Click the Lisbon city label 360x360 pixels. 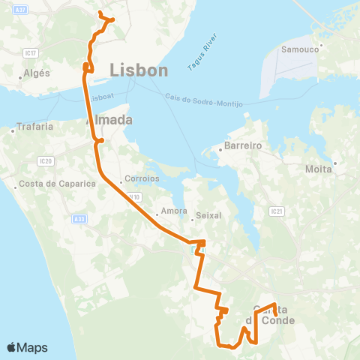[139, 70]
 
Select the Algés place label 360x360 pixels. [37, 73]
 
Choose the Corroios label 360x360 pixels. [143, 179]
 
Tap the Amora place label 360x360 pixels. [173, 211]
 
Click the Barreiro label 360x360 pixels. [242, 148]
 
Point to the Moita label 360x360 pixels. [319, 169]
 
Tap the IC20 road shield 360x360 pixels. [46, 160]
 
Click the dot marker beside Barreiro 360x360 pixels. [219, 148]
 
